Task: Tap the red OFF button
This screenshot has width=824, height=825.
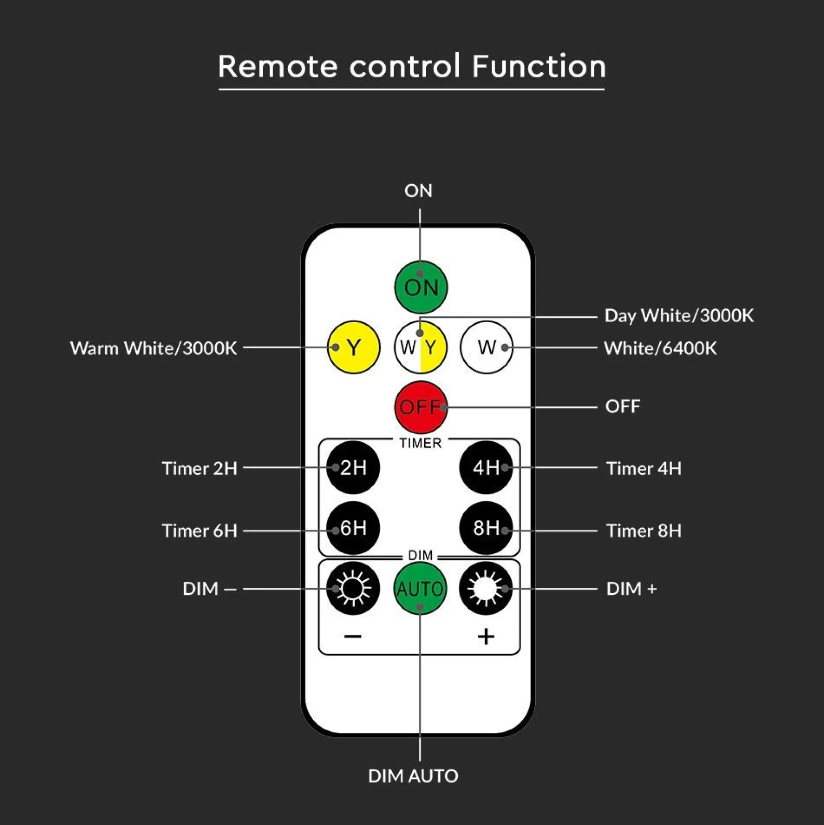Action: pyautogui.click(x=421, y=407)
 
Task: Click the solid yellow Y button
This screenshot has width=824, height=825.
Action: pyautogui.click(x=353, y=348)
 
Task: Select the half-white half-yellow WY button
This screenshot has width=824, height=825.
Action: pyautogui.click(x=421, y=348)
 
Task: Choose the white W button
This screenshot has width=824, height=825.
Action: pyautogui.click(x=486, y=348)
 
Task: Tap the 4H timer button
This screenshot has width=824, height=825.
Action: pyautogui.click(x=486, y=468)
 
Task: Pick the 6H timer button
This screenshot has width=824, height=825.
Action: pyautogui.click(x=353, y=528)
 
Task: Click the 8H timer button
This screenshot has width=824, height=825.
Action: pyautogui.click(x=486, y=528)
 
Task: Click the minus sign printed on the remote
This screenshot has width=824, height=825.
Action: pyautogui.click(x=353, y=637)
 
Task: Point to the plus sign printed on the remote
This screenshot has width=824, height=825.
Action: pyautogui.click(x=486, y=637)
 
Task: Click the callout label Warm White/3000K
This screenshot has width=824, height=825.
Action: pyautogui.click(x=153, y=348)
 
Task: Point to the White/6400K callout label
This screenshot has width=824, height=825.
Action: pyautogui.click(x=660, y=348)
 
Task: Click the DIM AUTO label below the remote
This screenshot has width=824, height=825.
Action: pyautogui.click(x=413, y=776)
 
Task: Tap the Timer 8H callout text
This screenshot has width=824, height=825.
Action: pyautogui.click(x=644, y=531)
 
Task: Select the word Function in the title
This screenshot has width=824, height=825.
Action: pyautogui.click(x=539, y=66)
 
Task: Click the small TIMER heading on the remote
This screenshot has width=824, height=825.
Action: pyautogui.click(x=420, y=443)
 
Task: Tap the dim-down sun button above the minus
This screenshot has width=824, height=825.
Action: pyautogui.click(x=353, y=589)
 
